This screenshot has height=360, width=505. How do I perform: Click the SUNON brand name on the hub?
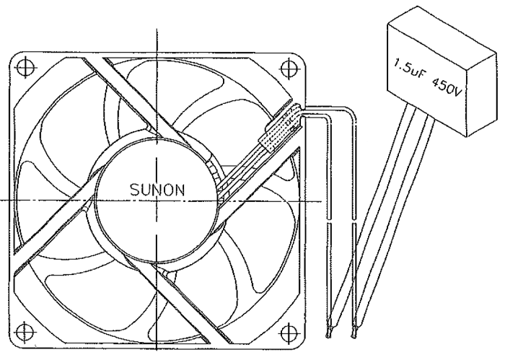(x=157, y=190)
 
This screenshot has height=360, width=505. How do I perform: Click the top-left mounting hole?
(x=25, y=68)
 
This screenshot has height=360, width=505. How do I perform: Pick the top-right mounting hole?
(x=289, y=68)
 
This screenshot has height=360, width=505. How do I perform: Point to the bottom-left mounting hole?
(x=25, y=332)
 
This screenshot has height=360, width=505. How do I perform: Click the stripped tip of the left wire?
(x=328, y=333)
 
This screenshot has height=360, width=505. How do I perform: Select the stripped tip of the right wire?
(x=353, y=333)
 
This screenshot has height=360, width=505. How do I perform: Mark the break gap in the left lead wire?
(x=329, y=221)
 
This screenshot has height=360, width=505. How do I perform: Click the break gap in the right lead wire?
(x=354, y=221)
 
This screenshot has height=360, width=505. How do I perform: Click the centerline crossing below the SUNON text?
(x=157, y=201)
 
